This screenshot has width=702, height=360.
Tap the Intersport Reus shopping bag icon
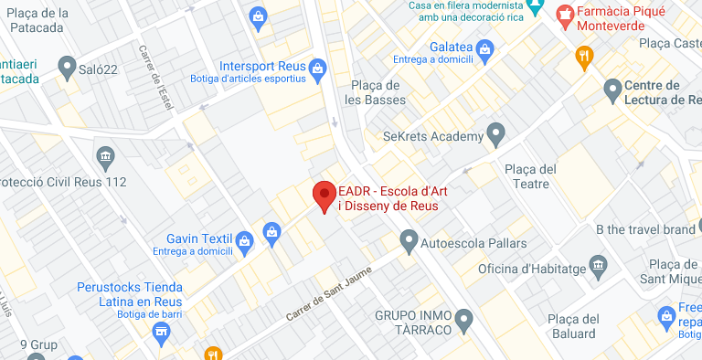[318, 67]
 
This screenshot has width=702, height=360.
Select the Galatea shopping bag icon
[484, 48]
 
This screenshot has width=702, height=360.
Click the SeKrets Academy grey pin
[496, 136]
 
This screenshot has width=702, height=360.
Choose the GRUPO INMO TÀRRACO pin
[465, 321]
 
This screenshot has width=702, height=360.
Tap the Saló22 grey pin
[67, 67]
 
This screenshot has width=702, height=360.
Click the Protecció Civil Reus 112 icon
[105, 156]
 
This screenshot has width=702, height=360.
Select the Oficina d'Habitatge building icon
[599, 267]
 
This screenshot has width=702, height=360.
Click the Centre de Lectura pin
[612, 89]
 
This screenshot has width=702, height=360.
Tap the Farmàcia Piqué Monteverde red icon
[565, 16]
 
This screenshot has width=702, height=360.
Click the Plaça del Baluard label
[572, 326]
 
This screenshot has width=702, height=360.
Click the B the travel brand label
[644, 229]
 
